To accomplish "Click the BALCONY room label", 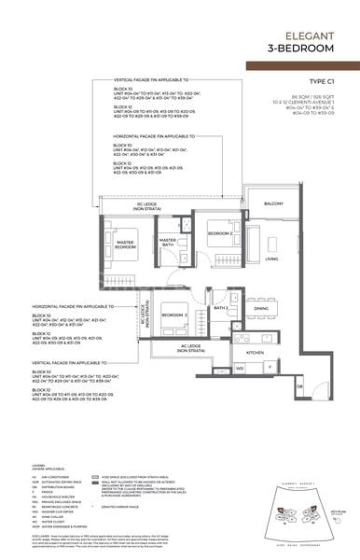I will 272,203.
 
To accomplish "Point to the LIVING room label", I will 271,259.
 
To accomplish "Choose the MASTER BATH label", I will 168,243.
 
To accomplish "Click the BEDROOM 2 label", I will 219,232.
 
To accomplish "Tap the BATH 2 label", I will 220,307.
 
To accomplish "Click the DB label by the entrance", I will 299,385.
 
